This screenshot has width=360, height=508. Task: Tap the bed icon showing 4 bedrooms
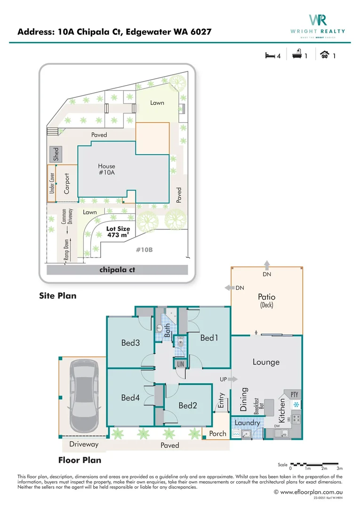pos(270,56)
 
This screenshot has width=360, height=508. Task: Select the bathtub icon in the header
pos(297,56)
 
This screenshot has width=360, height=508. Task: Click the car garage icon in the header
pos(324,56)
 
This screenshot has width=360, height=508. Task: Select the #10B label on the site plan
pos(144,250)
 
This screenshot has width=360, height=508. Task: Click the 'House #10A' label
pos(106,169)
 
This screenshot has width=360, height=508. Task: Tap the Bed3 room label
pos(130,343)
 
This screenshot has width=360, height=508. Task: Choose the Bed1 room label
pos(209,338)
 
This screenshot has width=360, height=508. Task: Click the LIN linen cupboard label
pos(180,364)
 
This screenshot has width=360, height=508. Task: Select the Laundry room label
pos(247,423)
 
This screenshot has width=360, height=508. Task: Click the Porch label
pos(217,433)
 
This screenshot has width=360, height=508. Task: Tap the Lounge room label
pos(266,362)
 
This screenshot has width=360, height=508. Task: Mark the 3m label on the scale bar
pos(339,468)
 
